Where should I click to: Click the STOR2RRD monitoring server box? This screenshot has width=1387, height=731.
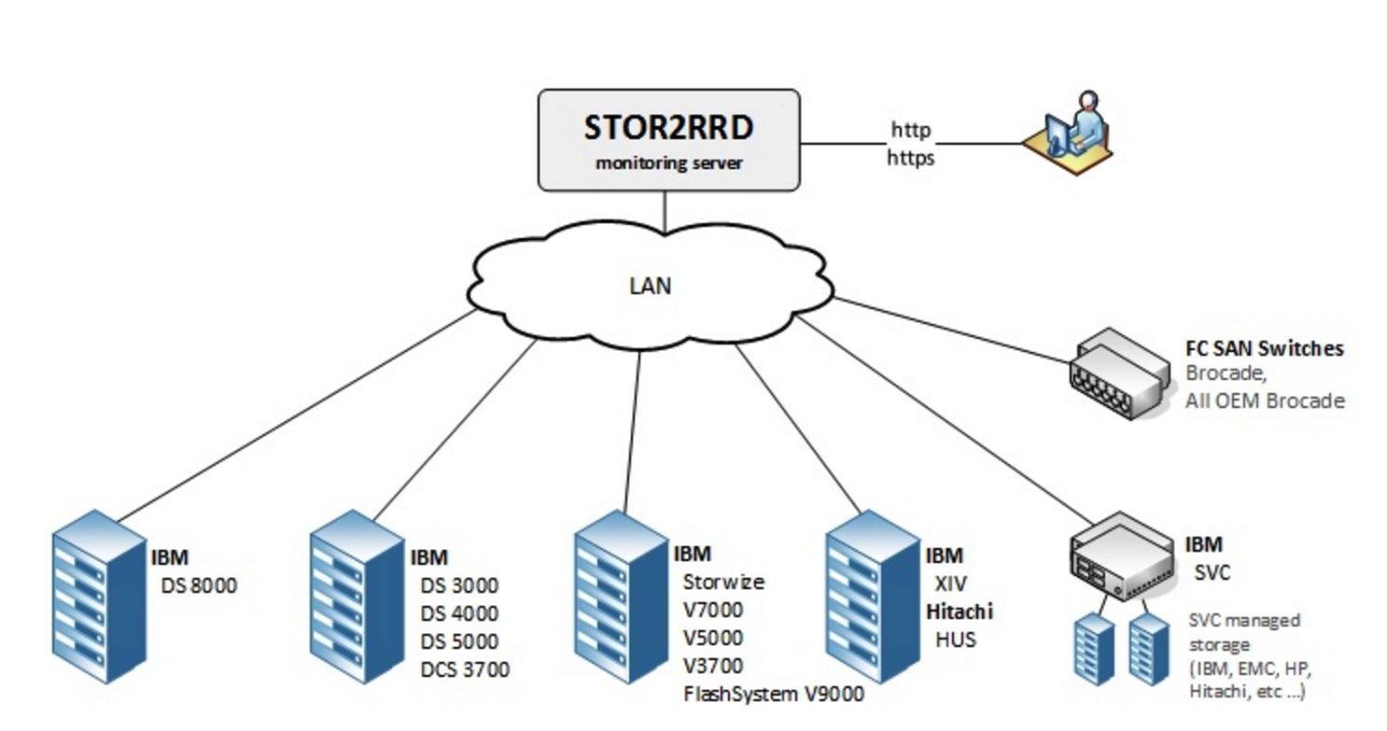(x=668, y=140)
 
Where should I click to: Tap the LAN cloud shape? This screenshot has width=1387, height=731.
(x=650, y=285)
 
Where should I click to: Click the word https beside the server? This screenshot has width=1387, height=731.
(x=910, y=158)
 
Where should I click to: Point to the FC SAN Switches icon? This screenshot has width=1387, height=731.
(x=1115, y=374)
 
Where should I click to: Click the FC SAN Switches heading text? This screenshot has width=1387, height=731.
(x=1264, y=348)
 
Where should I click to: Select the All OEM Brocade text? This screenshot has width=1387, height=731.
(x=1265, y=401)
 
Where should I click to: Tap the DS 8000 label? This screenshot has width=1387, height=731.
(x=199, y=585)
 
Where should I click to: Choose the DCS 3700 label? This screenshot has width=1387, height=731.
(x=465, y=669)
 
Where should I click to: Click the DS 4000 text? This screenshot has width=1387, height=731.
(x=459, y=613)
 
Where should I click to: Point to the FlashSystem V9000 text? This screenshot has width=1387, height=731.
(x=774, y=694)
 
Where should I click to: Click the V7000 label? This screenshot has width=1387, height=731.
(x=713, y=611)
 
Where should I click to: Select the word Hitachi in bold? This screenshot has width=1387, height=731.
(x=959, y=612)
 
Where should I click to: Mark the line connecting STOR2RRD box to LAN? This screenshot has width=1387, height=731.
(x=665, y=212)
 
